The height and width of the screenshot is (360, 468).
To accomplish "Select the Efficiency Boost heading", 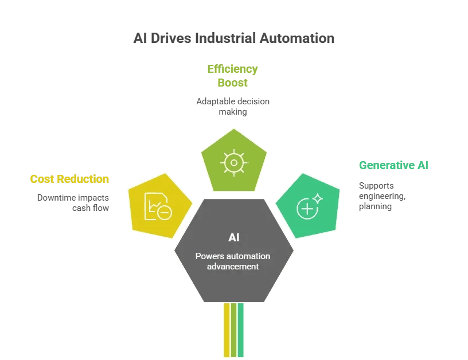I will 232,76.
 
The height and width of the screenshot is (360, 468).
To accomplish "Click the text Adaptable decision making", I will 232,107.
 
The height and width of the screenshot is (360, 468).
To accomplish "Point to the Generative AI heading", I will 393,166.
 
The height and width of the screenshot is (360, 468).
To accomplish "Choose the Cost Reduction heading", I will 69,179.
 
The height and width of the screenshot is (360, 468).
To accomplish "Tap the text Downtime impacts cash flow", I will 73,202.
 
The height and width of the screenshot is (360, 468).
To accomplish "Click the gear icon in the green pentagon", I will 233,162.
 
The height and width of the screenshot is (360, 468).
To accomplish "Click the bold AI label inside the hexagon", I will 233,238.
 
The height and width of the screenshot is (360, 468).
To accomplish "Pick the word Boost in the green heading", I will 232,83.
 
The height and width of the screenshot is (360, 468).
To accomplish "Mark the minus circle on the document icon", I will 165,213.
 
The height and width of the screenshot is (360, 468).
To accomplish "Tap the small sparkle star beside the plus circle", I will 318,198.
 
